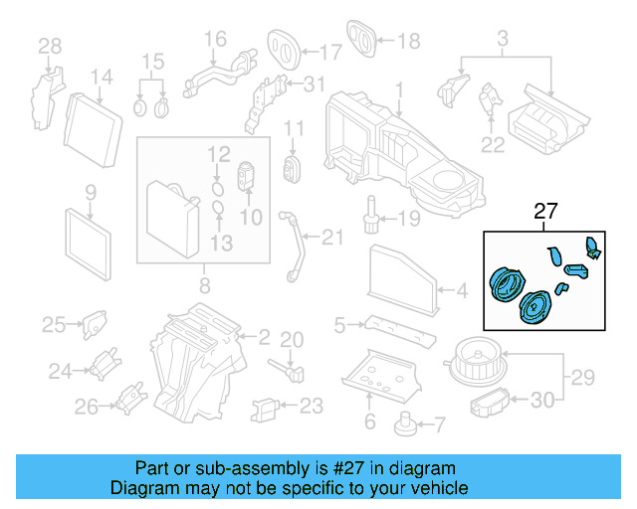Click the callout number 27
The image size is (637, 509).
point(546,212)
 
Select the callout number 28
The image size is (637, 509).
point(50,45)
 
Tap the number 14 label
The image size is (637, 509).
point(103,77)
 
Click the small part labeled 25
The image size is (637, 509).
point(95,323)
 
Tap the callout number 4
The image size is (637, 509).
point(460,291)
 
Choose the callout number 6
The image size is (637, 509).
point(369,423)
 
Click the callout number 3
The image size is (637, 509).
point(503,39)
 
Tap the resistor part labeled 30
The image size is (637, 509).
point(489,403)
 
